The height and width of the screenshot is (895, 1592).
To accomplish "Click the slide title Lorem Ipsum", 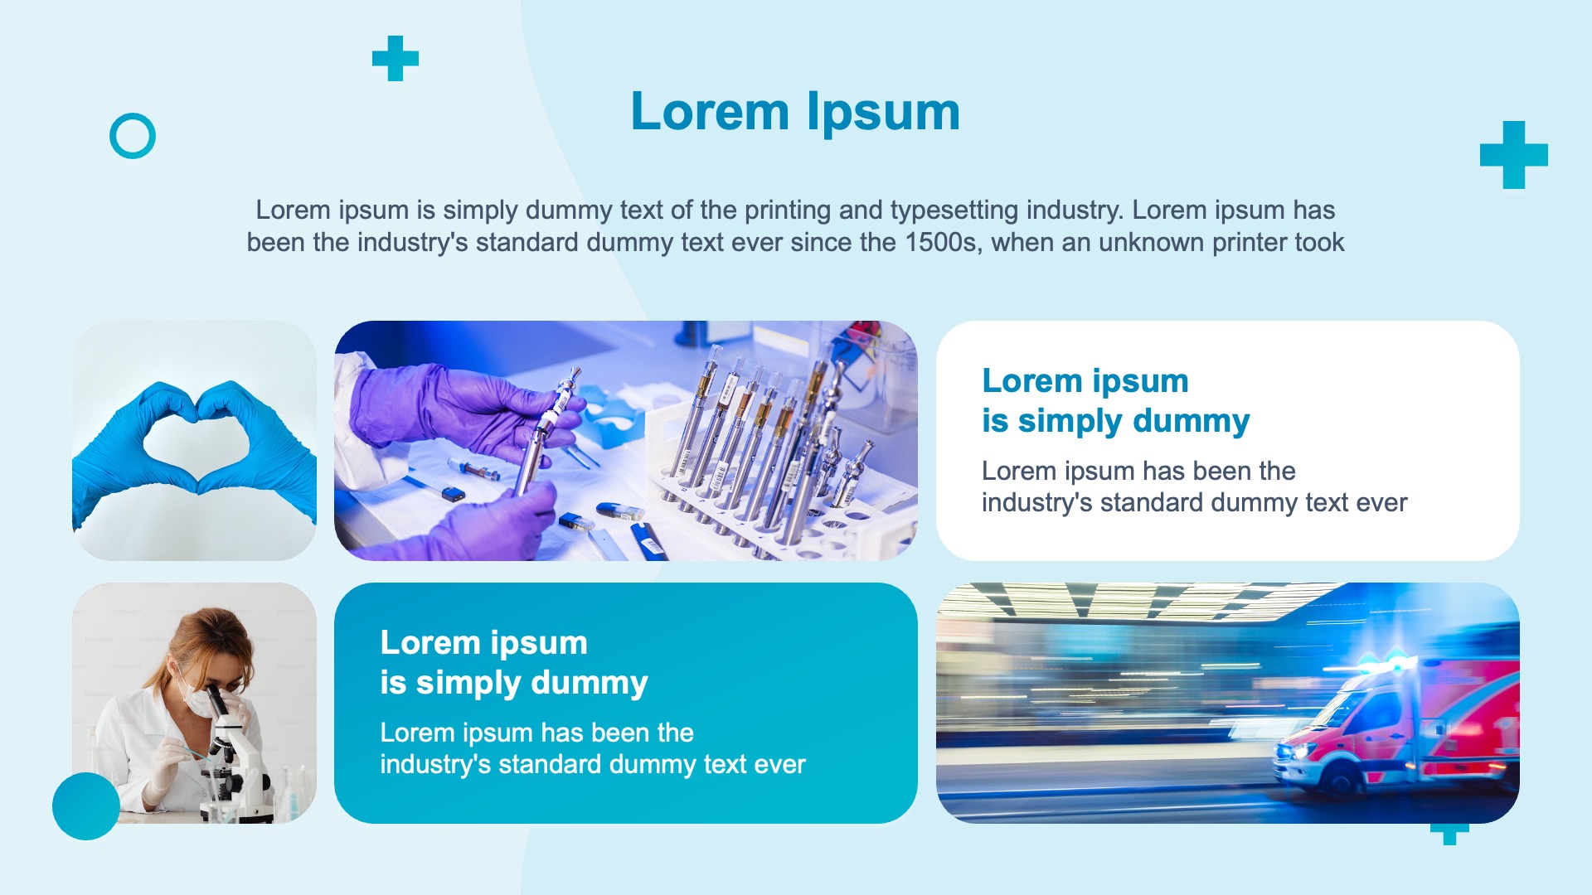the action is click(795, 111).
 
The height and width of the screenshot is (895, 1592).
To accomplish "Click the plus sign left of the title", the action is click(396, 58).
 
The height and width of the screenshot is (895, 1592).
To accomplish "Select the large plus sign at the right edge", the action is click(1514, 155).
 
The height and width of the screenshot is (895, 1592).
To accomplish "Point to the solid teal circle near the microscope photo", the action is click(86, 806).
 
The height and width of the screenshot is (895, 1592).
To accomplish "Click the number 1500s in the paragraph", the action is click(943, 243).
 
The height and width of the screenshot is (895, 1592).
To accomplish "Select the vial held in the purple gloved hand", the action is click(543, 431).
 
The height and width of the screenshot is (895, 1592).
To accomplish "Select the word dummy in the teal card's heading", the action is click(590, 683).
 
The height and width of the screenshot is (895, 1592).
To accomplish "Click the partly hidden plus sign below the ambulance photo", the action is click(1449, 834).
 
